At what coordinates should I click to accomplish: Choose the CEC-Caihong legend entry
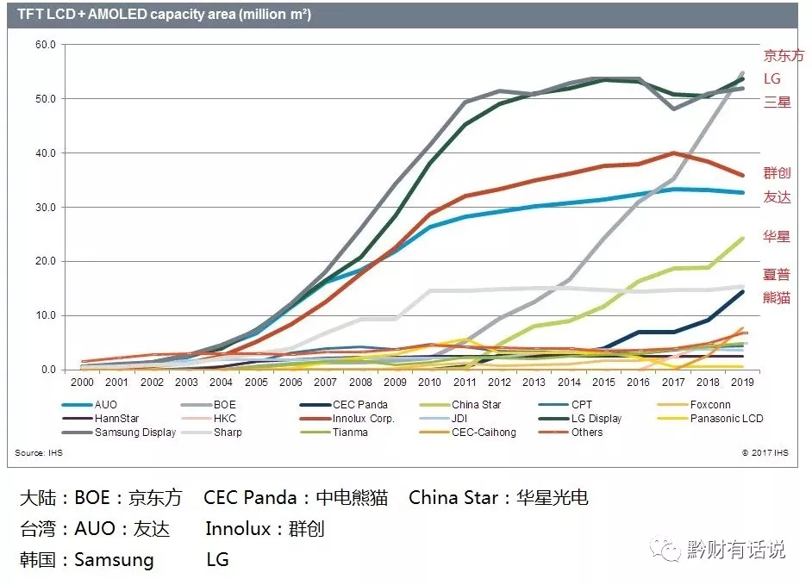tap(484, 432)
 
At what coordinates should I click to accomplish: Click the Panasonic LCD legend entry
tap(727, 418)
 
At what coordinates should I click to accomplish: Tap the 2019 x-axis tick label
tap(741, 382)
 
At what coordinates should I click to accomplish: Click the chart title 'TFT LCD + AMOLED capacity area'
tap(164, 15)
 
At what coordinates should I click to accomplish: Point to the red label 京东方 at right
tap(784, 55)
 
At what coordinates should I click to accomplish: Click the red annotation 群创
tap(777, 172)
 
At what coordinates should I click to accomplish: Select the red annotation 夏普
tap(777, 275)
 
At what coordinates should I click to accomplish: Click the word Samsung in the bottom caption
tap(114, 559)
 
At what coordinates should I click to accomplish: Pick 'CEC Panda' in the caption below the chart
tap(250, 498)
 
